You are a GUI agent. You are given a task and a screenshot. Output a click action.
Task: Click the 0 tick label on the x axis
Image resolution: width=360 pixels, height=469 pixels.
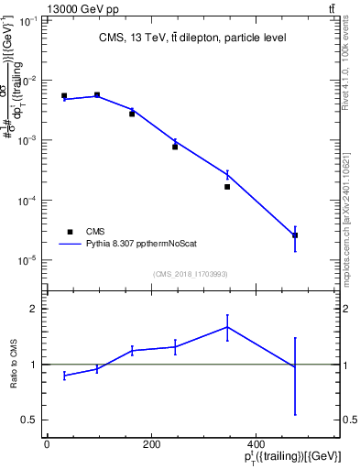47,444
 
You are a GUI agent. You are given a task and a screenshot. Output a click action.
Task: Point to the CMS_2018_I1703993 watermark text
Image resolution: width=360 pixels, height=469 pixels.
191,274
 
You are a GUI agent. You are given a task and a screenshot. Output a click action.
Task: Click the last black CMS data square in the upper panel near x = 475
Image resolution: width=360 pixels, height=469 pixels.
295,235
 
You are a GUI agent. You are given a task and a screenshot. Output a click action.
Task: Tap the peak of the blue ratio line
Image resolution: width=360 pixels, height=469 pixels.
227,327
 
